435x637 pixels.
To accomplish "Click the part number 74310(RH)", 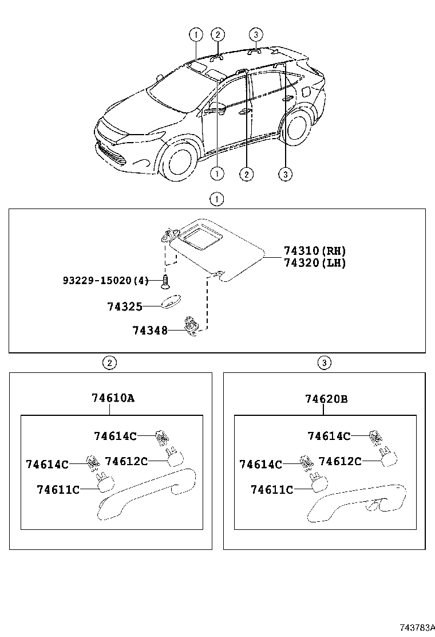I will [315, 251].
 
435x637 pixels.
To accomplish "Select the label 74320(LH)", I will [315, 263].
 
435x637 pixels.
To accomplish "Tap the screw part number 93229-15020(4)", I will [105, 280].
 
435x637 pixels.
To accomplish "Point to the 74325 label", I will [124, 306].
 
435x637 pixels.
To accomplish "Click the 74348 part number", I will [149, 331].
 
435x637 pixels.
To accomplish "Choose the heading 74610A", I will [113, 398].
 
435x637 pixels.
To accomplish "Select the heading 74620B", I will [326, 398].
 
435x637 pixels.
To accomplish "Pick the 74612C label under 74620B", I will [339, 461].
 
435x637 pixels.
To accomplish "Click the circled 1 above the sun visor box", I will [216, 200].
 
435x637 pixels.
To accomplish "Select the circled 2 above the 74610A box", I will [109, 362].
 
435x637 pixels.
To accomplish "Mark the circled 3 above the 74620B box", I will [324, 362].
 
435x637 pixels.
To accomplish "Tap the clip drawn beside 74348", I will [190, 325].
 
